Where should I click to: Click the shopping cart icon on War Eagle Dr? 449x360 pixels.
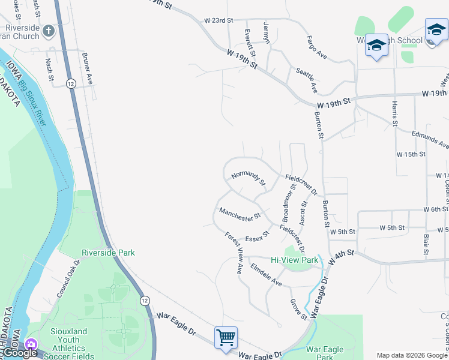tap(226, 337)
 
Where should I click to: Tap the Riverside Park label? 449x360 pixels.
tap(108, 253)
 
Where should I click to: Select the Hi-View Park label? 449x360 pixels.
tap(294, 260)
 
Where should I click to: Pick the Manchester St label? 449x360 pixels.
tap(240, 213)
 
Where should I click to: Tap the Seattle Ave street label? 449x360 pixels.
tap(306, 80)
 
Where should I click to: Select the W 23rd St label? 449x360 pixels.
tap(218, 20)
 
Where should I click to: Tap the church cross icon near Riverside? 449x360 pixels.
tap(49, 30)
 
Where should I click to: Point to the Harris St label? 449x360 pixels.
tap(394, 113)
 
